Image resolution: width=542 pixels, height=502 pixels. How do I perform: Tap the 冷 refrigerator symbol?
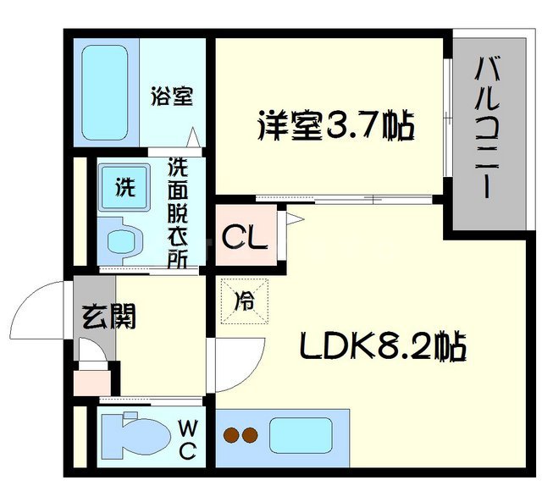(x=244, y=299)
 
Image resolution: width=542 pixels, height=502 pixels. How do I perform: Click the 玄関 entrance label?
(x=108, y=317)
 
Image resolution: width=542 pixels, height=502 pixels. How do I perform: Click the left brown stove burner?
(x=230, y=436)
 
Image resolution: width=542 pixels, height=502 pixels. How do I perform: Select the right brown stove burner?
(x=249, y=436)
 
